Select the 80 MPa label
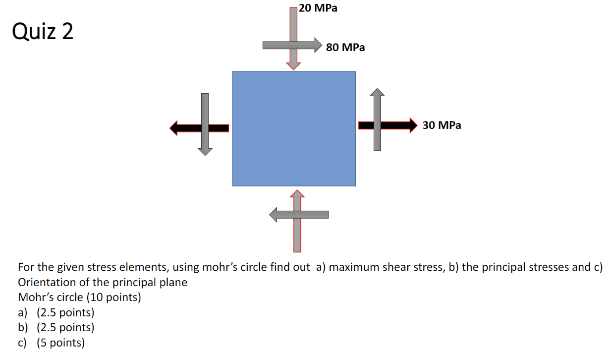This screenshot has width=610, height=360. (345, 48)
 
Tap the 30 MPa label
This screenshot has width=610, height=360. (442, 125)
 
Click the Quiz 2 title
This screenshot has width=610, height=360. (43, 32)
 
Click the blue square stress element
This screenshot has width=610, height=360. (294, 128)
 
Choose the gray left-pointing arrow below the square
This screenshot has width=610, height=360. (299, 215)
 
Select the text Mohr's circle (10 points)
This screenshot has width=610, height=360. (79, 298)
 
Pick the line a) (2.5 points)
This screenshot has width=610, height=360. (55, 313)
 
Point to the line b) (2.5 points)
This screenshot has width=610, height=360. (55, 328)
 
